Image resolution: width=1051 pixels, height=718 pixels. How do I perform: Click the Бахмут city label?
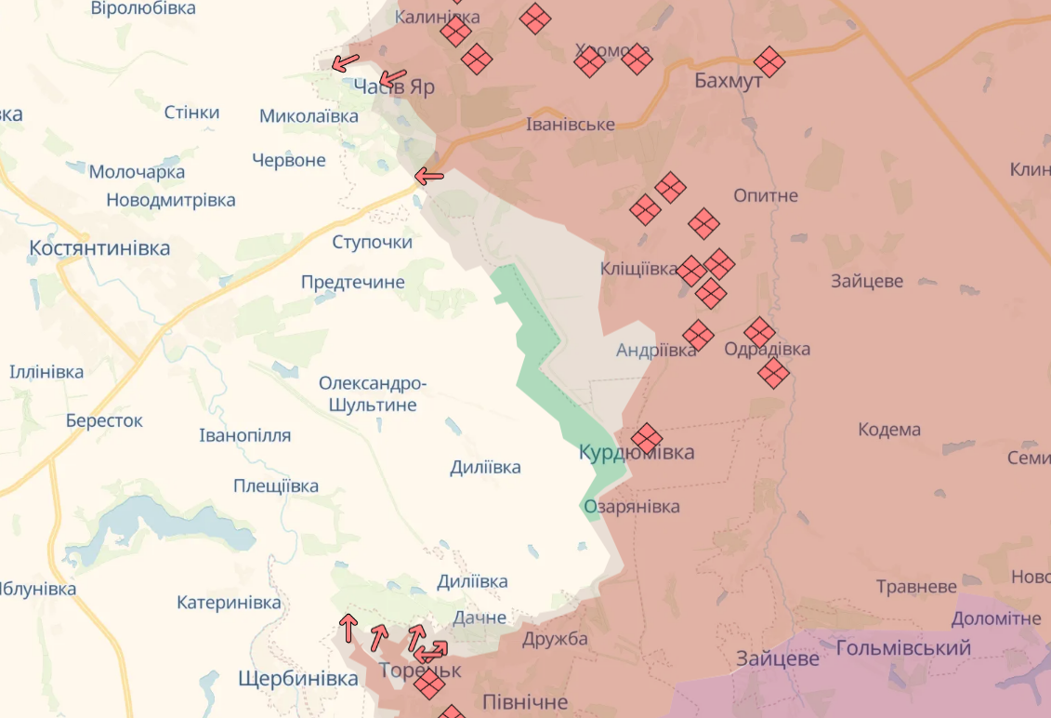tap(729, 81)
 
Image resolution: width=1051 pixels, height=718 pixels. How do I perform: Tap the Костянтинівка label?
tap(99, 248)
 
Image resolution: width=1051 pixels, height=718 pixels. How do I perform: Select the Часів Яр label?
tap(394, 86)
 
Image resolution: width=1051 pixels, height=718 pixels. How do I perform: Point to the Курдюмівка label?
tap(637, 452)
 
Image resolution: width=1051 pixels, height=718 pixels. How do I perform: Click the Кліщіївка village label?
tap(638, 269)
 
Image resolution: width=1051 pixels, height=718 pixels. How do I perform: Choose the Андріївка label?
tap(655, 351)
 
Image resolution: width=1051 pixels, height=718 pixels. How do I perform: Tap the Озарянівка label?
tap(632, 507)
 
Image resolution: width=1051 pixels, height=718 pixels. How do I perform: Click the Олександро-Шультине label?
tap(373, 394)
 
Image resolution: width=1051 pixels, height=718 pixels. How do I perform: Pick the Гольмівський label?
tap(903, 648)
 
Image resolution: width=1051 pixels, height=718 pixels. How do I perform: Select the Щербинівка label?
tap(298, 679)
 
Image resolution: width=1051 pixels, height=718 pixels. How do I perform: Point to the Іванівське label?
tap(570, 124)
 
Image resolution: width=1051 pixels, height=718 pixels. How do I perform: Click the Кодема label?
tap(889, 430)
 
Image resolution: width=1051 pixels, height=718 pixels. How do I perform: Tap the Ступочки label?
tap(373, 242)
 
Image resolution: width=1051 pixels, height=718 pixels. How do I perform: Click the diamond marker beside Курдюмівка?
tap(647, 438)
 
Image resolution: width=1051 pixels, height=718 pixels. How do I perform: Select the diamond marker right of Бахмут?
tap(769, 62)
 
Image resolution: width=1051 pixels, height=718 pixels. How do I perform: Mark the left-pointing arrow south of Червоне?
tap(428, 176)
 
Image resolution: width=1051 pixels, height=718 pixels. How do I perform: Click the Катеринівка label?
tap(229, 603)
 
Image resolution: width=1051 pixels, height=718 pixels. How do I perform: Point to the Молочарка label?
tap(137, 172)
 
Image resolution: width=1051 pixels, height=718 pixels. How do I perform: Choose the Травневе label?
tap(916, 587)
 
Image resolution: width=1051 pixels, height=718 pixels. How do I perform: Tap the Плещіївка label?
tap(276, 485)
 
